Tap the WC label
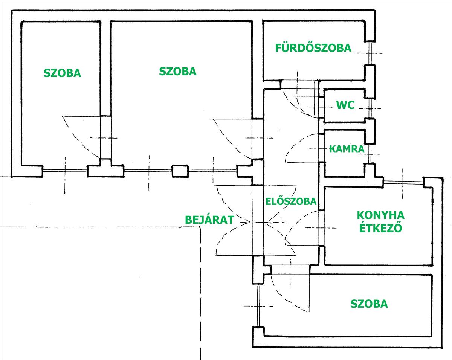[x=345, y=105]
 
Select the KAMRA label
[x=347, y=149]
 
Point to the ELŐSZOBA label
[x=290, y=201]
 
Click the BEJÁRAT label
[x=210, y=220]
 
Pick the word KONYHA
[x=380, y=215]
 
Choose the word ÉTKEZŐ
[x=380, y=228]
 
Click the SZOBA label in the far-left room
[x=62, y=73]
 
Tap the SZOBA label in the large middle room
[x=178, y=71]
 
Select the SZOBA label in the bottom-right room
[x=369, y=304]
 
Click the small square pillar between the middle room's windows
[x=180, y=171]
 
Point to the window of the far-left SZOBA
[x=65, y=171]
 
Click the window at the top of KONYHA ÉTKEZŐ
[x=403, y=182]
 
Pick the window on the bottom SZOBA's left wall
[x=258, y=305]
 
